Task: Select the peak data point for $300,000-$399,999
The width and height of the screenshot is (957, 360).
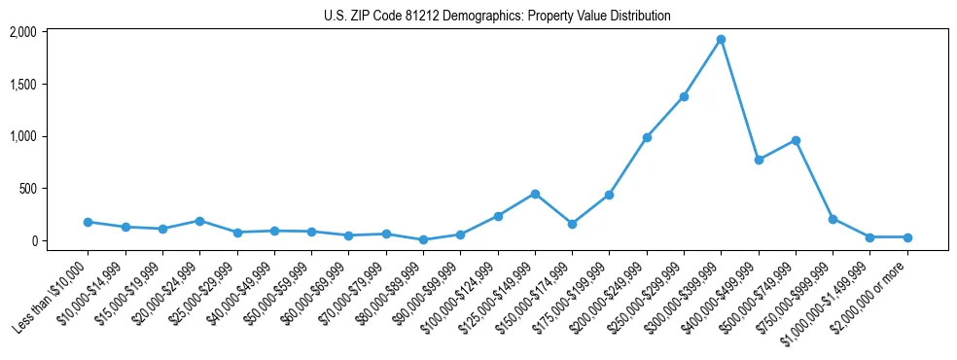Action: point(721,40)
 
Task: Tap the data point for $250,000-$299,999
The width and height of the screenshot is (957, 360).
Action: point(684,96)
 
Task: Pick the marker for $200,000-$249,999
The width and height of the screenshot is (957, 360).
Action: point(647,137)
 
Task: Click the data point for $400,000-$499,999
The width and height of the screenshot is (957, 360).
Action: point(759,160)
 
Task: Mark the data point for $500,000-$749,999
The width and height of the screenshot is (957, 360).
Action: point(796,140)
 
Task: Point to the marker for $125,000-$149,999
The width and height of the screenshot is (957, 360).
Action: point(535,194)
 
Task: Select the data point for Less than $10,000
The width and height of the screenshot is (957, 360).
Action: point(88,222)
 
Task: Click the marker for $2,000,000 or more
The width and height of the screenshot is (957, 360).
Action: point(907,237)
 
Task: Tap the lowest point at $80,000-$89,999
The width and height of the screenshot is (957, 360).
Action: point(423,239)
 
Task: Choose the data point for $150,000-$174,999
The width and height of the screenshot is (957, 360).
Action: point(572,224)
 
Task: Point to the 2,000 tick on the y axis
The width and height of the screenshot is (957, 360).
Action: point(22,32)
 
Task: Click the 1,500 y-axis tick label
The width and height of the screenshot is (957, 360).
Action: point(22,85)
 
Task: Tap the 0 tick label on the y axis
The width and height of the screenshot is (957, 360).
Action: point(32,240)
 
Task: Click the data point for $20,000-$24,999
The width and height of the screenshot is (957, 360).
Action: point(199,221)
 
